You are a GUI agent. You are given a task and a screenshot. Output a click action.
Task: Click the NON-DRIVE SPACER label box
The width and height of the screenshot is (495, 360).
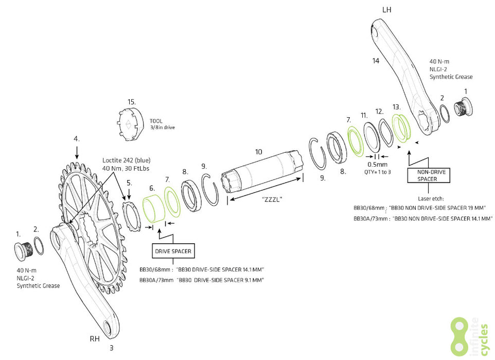(427, 175)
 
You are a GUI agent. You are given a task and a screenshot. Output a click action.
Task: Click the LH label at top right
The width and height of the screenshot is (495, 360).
(387, 10)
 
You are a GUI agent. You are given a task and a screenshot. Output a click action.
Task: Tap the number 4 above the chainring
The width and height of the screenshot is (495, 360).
(76, 139)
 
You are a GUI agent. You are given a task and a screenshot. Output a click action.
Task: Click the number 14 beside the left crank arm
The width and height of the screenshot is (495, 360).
(376, 61)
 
